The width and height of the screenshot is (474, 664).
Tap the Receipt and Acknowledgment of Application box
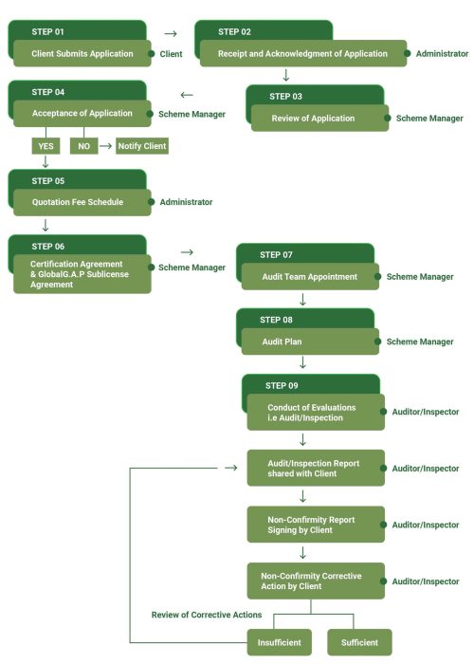point(301,54)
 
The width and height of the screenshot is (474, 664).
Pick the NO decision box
point(83,147)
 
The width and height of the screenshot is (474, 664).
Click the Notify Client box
point(142,147)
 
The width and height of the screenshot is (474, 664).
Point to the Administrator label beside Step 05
point(186,202)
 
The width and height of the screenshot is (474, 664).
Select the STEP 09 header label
point(282,385)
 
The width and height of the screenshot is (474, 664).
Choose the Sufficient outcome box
point(359,642)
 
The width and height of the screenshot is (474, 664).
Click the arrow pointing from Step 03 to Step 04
point(186,94)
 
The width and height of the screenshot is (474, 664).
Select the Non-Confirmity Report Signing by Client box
point(315,525)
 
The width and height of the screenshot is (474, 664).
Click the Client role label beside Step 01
point(171,54)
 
